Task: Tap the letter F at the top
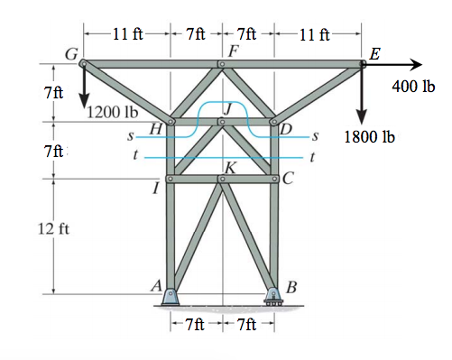coord(232,50)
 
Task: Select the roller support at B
coord(273,297)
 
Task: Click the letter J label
coord(228,108)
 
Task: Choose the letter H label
coord(155,129)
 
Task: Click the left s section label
coord(132,138)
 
